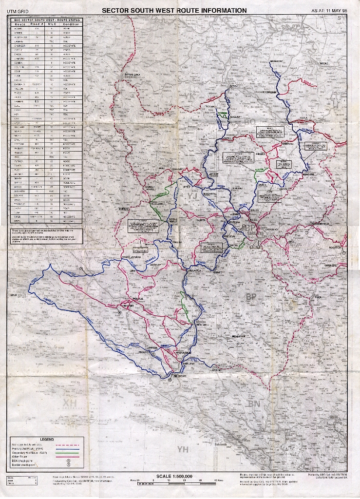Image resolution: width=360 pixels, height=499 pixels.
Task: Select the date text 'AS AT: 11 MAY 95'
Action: click(329, 11)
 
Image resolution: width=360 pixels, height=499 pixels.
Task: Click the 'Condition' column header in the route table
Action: click(71, 24)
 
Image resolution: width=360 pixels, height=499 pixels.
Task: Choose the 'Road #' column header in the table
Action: click(36, 24)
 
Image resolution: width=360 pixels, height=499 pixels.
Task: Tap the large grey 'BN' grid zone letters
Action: click(253, 403)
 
